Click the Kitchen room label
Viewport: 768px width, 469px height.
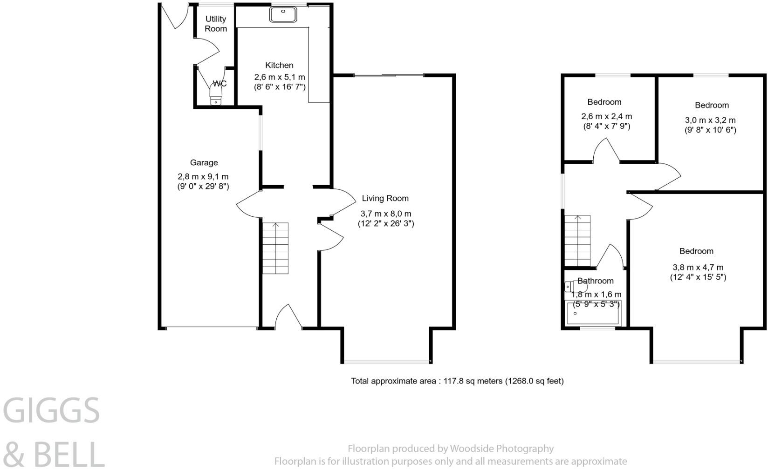[x=279, y=65]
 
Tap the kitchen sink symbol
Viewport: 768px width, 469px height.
[x=283, y=14]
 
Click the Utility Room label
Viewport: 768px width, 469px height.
[x=216, y=24]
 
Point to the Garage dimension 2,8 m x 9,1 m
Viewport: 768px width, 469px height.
[x=203, y=177]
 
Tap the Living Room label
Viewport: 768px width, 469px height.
[x=385, y=198]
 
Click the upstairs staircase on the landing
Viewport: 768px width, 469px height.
[x=578, y=240]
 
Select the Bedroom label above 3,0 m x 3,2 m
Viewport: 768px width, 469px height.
[x=712, y=105]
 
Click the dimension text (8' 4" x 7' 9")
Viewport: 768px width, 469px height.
[x=606, y=126]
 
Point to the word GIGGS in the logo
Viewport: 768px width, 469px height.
[x=51, y=411]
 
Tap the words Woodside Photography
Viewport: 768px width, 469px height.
[x=501, y=449]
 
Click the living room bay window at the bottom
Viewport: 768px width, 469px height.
[x=386, y=361]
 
